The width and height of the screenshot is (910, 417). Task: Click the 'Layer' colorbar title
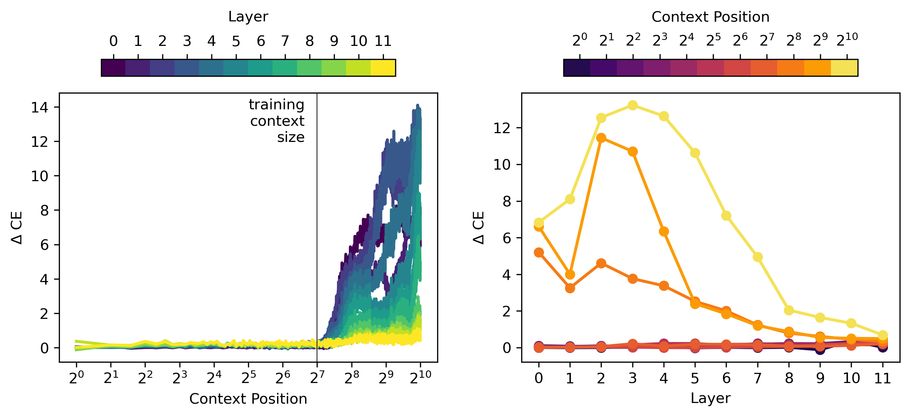(x=248, y=16)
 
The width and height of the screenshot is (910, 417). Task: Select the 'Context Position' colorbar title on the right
(x=710, y=16)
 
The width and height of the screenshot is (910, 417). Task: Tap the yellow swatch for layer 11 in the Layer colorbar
(x=383, y=68)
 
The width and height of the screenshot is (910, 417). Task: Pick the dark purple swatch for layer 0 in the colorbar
(x=113, y=68)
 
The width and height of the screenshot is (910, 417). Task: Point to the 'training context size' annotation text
(x=277, y=121)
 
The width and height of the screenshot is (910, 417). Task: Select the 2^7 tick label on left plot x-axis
(x=317, y=377)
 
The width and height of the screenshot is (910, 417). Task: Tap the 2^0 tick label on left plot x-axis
(x=76, y=377)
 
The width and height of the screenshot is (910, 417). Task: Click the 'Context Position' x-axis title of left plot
(x=248, y=399)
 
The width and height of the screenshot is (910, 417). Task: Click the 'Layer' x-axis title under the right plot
(x=710, y=398)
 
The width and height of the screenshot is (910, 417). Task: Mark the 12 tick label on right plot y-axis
(x=502, y=128)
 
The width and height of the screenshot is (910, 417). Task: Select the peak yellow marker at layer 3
(x=633, y=105)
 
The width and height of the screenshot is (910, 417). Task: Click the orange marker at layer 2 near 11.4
(x=601, y=138)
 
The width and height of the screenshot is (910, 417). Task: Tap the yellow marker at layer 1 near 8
(x=570, y=199)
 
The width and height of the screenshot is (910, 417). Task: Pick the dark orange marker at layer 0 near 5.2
(x=539, y=252)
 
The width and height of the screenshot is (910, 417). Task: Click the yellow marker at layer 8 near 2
(x=789, y=310)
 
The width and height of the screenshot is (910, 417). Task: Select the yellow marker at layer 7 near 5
(x=757, y=257)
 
